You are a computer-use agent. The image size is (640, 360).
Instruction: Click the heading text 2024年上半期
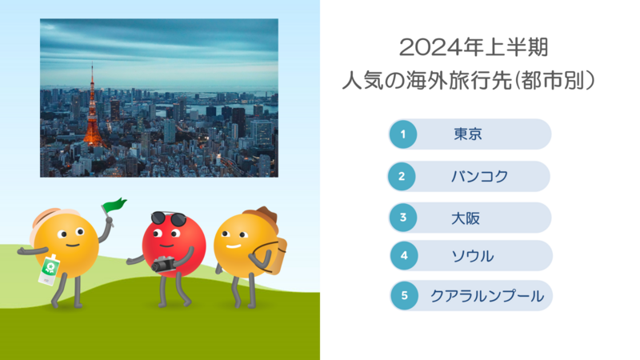click(x=474, y=47)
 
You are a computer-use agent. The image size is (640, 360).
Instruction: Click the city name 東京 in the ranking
click(x=468, y=134)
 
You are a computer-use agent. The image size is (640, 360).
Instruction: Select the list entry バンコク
click(x=479, y=176)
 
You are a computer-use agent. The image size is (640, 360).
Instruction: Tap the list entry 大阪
click(x=466, y=218)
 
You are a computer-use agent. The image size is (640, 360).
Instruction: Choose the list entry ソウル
click(x=473, y=256)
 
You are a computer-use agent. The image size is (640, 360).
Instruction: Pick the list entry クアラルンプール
click(x=487, y=296)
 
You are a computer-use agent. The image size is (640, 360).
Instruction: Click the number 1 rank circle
click(x=403, y=134)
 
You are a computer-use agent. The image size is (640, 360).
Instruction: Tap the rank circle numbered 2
click(x=402, y=176)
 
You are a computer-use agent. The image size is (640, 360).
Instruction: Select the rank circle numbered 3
click(x=403, y=218)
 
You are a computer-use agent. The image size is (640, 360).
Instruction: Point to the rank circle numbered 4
click(x=404, y=255)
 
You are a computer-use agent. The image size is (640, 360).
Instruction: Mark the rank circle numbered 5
click(x=405, y=295)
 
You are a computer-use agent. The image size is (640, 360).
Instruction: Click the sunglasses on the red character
click(x=169, y=218)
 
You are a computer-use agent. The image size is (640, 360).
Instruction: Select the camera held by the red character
click(x=164, y=265)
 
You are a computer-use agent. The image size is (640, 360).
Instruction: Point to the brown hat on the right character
click(x=262, y=217)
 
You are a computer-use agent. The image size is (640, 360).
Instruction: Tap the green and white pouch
click(x=49, y=270)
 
